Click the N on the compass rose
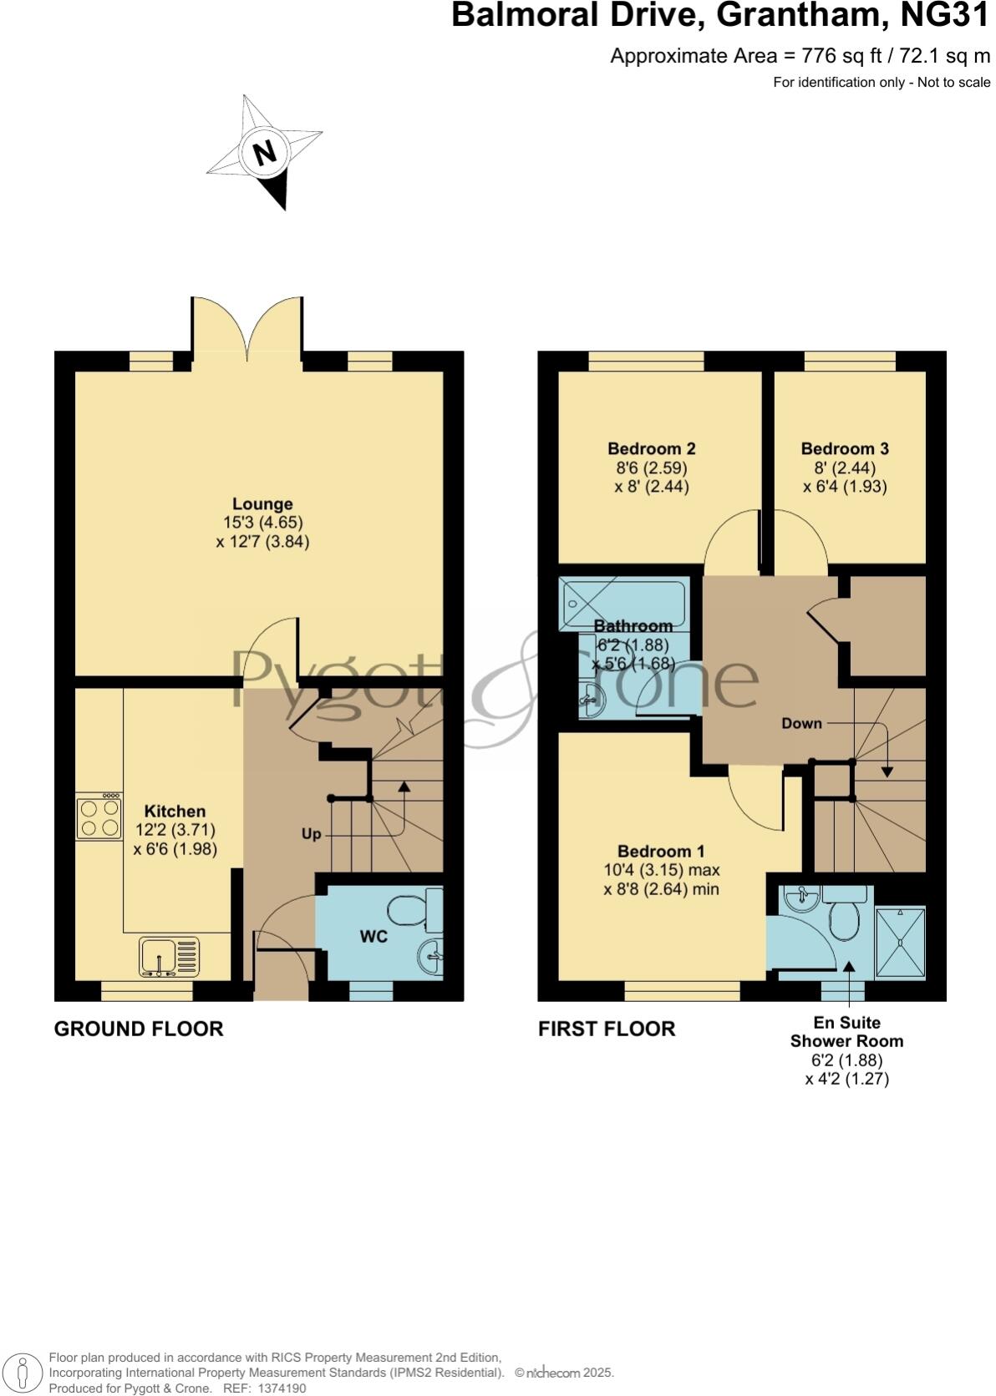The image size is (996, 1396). (265, 153)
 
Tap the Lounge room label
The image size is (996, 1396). (262, 504)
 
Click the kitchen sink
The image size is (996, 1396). (170, 957)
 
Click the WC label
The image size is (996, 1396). (373, 937)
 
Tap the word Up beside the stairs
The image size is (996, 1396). (311, 834)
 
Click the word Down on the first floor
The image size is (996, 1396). (801, 723)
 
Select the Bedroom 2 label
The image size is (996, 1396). (651, 449)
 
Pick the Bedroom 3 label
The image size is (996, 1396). (845, 449)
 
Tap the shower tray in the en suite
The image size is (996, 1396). (900, 941)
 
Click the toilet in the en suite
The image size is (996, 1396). (844, 916)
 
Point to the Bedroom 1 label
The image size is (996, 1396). (661, 852)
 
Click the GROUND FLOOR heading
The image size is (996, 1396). (139, 1029)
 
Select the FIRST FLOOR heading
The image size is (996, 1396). (607, 1029)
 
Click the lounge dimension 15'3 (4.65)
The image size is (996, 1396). (262, 523)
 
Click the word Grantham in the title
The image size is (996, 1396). (799, 15)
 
